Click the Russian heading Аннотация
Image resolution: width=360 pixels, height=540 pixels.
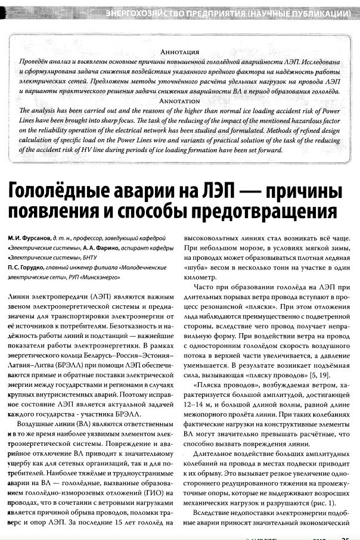(179, 52)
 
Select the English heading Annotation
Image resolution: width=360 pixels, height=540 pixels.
(179, 101)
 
